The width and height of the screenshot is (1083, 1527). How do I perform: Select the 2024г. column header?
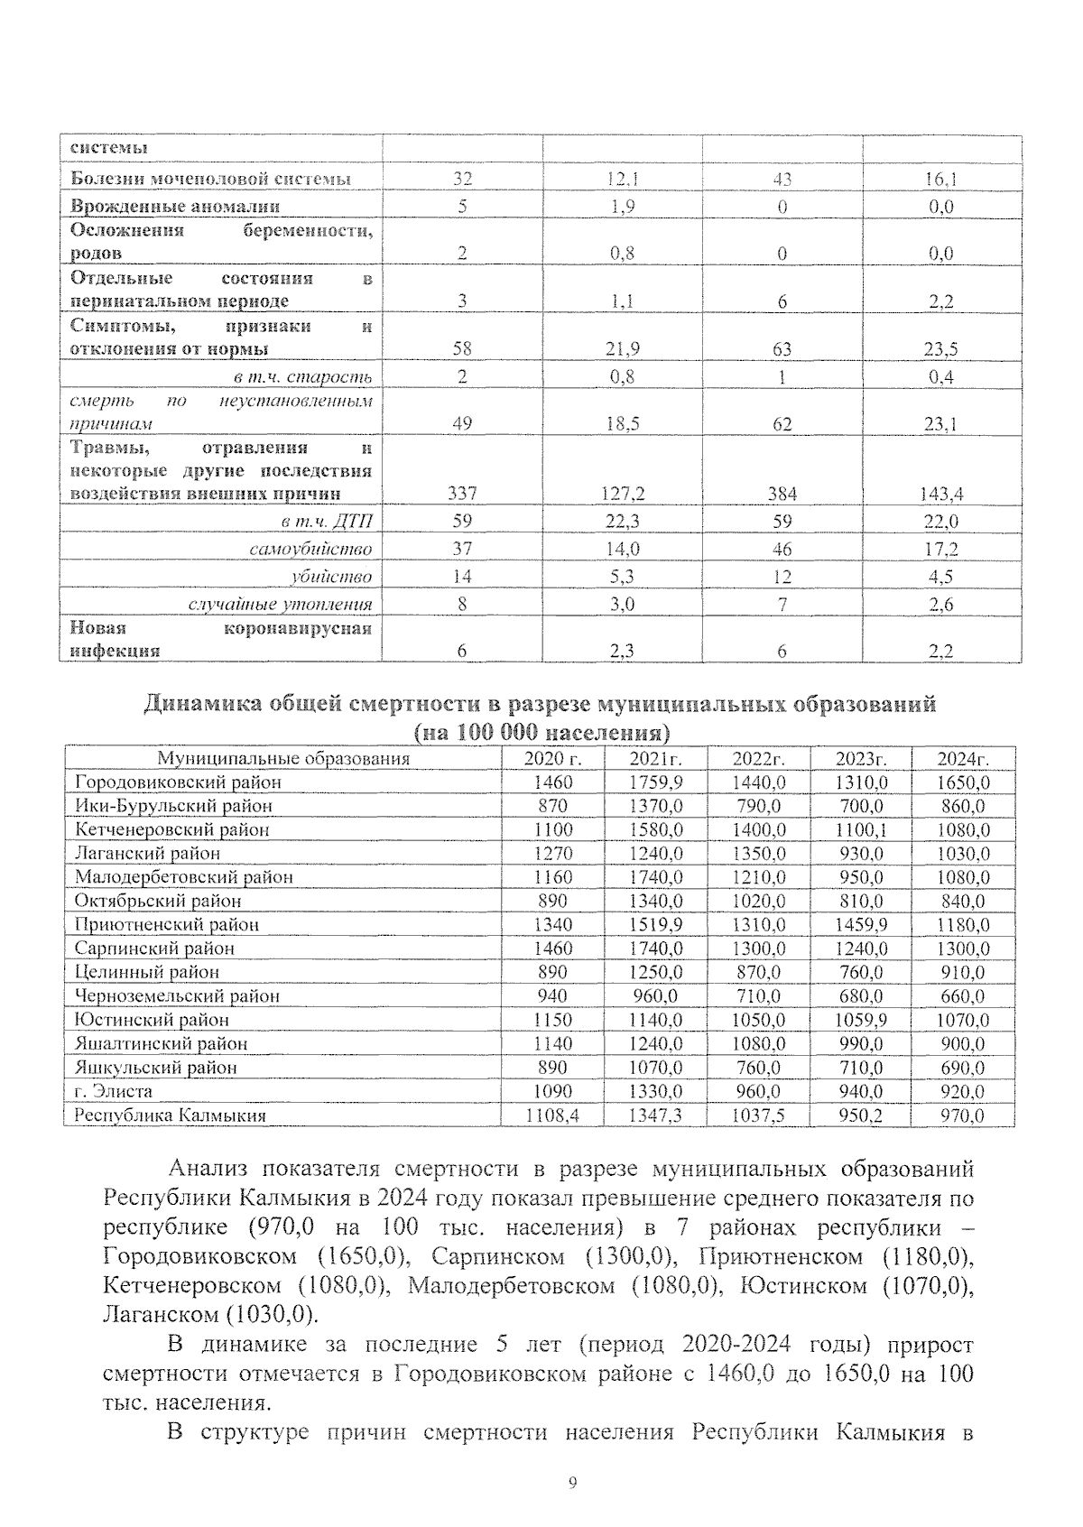[963, 758]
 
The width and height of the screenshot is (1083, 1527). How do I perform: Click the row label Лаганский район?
[147, 853]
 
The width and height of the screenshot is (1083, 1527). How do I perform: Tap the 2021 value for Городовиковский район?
[655, 782]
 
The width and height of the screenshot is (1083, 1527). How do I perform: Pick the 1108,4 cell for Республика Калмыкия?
[552, 1115]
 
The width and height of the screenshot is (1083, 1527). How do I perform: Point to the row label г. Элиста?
[114, 1091]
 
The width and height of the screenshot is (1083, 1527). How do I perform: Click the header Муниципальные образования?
[283, 758]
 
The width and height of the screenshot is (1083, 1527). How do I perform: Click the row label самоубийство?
[310, 549]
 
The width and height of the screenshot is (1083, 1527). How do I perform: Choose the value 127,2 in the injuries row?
[622, 494]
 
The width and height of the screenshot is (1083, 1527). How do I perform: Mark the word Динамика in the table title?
[201, 704]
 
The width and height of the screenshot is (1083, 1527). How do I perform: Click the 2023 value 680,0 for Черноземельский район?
[861, 996]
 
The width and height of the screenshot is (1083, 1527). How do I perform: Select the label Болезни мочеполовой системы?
[210, 179]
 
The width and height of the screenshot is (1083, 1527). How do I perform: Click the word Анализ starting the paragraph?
[208, 1170]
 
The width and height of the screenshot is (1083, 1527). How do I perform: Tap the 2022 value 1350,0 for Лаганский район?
[758, 853]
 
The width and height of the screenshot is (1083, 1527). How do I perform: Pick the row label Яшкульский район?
[156, 1068]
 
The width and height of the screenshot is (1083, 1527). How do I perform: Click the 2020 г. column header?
[552, 758]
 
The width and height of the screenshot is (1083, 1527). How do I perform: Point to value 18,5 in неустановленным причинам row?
[622, 423]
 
